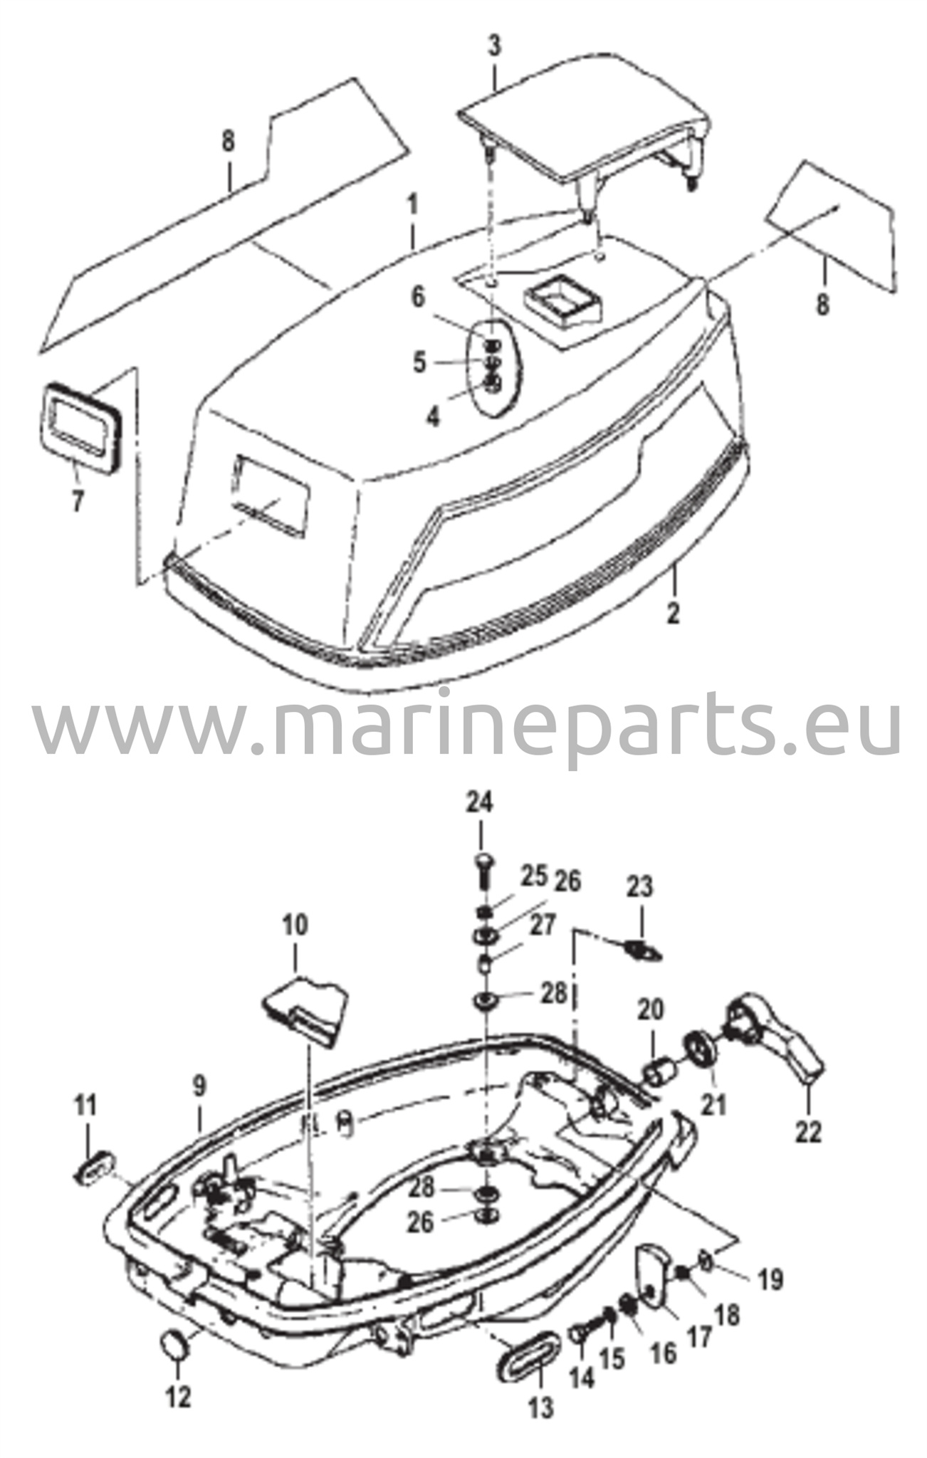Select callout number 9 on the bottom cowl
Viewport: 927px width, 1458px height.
click(x=199, y=1086)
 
